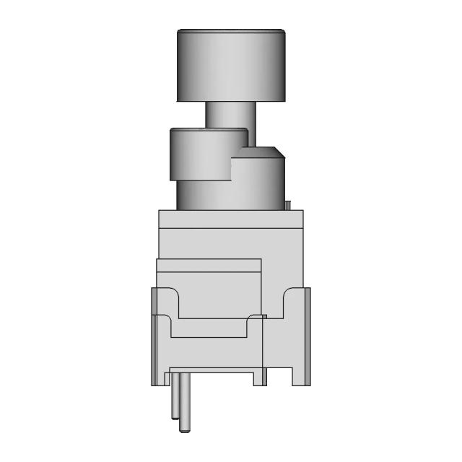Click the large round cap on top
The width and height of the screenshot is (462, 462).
[231, 66]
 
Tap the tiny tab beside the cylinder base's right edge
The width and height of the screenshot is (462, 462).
[287, 206]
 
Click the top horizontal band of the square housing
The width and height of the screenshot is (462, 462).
[231, 219]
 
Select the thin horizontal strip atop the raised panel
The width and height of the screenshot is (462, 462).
[209, 265]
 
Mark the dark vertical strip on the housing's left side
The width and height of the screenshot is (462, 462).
[154, 336]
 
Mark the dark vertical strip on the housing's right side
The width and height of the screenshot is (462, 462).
[308, 336]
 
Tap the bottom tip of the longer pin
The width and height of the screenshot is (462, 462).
[186, 430]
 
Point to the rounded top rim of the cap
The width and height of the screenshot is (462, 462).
[231, 31]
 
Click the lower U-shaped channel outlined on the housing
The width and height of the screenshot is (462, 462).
[209, 328]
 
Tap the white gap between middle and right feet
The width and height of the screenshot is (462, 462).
[280, 377]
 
